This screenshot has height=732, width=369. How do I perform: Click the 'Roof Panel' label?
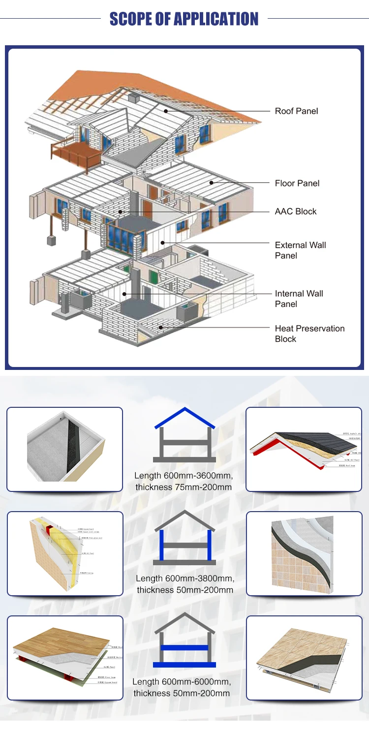296,111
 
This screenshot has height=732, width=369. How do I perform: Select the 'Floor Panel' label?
297,183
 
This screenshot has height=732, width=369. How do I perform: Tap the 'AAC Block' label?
295,212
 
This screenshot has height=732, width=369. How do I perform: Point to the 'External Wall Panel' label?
300,250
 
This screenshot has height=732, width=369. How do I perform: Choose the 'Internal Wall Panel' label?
299,299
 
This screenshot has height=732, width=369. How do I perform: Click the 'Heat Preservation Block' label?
309,334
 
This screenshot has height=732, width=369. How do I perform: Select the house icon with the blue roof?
184,435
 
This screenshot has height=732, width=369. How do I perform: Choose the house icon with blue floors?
184,640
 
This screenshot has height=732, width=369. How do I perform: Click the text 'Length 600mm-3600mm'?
184,476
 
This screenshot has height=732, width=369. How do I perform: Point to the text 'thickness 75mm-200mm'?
184,487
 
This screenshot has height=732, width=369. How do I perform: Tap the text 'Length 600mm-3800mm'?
185,579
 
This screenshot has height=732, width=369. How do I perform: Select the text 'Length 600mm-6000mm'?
182,682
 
